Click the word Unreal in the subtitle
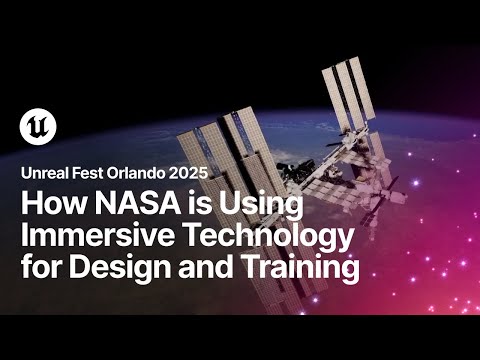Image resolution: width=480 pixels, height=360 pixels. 45,172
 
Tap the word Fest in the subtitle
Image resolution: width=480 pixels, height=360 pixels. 96,172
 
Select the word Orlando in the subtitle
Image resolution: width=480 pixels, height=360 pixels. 147,172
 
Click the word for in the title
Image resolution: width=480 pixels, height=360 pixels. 40,268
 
